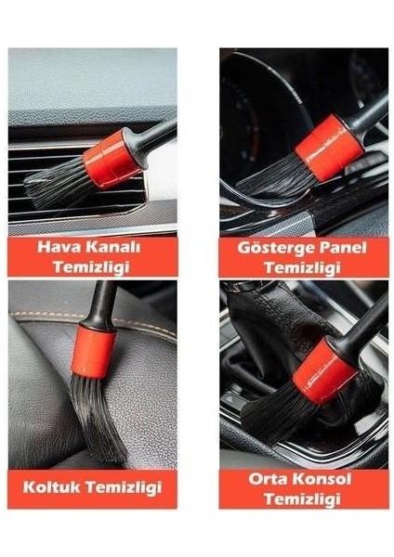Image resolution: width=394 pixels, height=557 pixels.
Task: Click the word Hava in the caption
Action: click(58, 248)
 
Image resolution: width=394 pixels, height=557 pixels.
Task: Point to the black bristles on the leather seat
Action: click(98, 413)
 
